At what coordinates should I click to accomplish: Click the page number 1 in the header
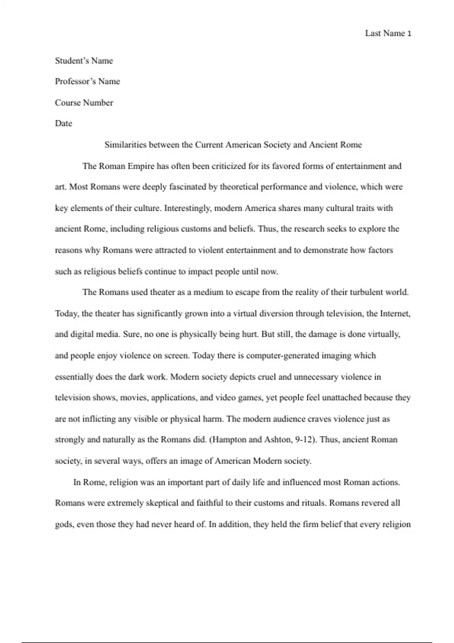409,34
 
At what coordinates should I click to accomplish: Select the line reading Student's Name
84,61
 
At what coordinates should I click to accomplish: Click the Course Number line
84,103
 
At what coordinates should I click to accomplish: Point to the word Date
64,124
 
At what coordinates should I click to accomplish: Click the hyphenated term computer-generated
283,356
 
